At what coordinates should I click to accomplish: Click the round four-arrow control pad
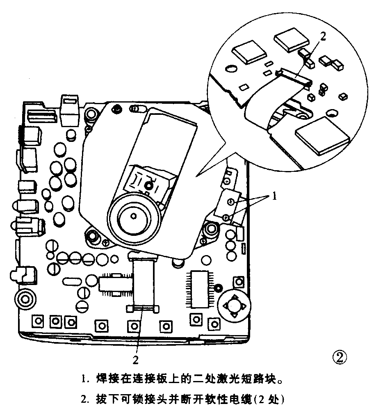click(x=233, y=305)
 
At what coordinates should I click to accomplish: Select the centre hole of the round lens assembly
click(x=134, y=214)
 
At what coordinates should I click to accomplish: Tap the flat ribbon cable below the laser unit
click(x=143, y=283)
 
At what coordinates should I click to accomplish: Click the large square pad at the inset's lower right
click(x=322, y=135)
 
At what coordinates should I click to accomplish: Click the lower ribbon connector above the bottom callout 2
click(x=142, y=308)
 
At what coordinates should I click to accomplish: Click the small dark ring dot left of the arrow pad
click(x=219, y=288)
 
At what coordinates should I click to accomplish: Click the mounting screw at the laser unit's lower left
click(x=92, y=235)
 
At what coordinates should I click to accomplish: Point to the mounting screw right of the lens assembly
click(x=212, y=228)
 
